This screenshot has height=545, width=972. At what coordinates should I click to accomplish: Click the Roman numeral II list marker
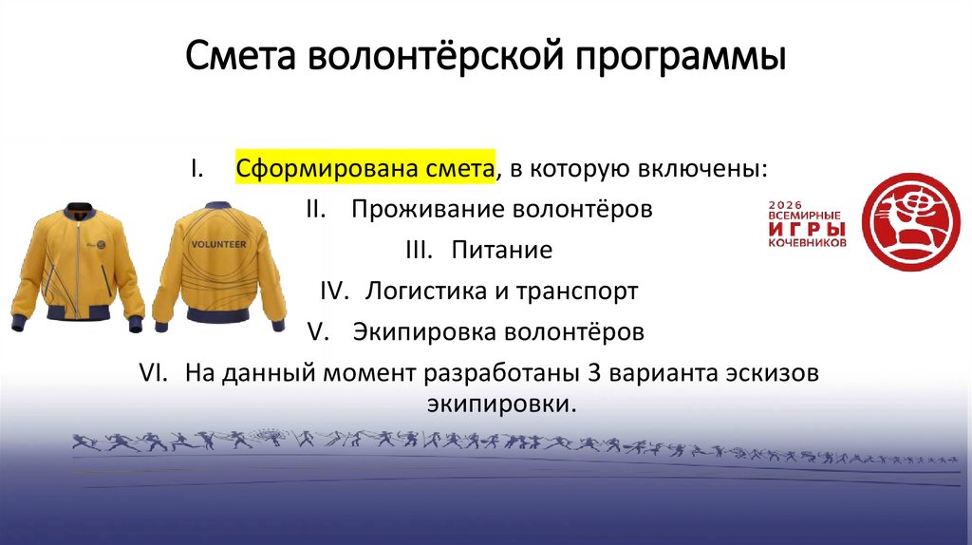[317, 209]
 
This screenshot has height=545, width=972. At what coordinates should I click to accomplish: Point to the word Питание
[502, 251]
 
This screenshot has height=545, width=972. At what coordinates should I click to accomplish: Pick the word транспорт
[577, 292]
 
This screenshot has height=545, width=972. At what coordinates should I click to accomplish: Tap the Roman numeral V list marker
[318, 333]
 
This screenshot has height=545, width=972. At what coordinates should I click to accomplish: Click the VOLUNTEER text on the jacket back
[218, 245]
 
